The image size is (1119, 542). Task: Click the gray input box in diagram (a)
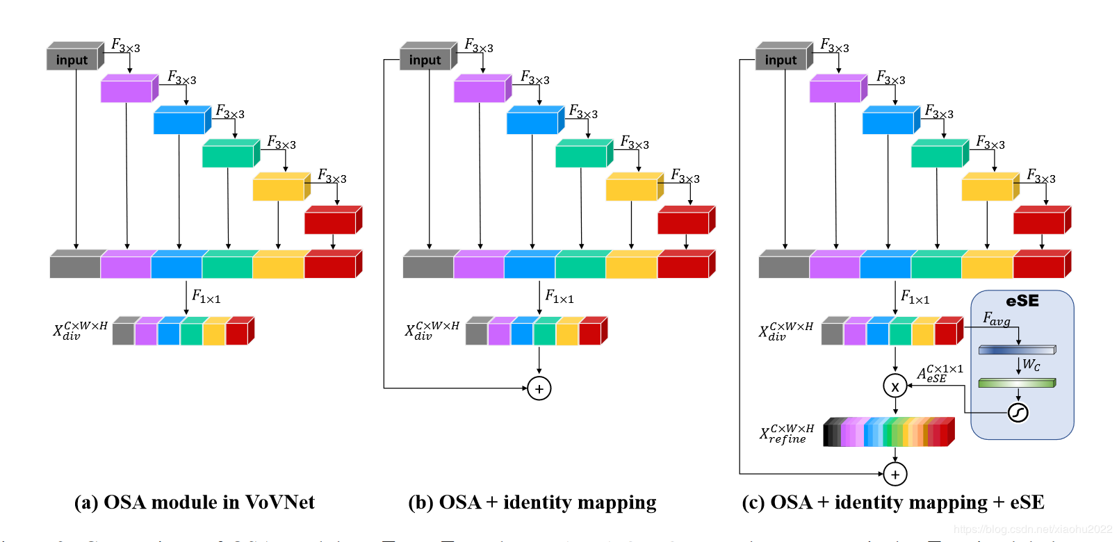pos(72,60)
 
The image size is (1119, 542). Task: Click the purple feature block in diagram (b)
pos(479,90)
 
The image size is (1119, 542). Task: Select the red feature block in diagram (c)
pos(1039,222)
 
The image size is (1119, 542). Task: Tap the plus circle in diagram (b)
pos(539,388)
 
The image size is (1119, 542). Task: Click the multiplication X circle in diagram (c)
pos(895,386)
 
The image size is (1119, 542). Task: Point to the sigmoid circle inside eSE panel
pos(1018,413)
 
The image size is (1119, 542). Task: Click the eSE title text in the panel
pos(1022,301)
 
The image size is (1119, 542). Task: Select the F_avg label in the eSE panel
pos(996,319)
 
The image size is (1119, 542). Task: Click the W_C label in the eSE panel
pos(1031,365)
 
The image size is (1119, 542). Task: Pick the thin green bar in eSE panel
pos(1017,383)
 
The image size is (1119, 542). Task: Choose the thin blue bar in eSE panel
pos(1017,350)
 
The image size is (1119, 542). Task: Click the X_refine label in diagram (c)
pos(786,434)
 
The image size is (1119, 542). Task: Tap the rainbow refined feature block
pos(888,432)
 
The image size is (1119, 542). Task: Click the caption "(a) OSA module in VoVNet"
pos(195,502)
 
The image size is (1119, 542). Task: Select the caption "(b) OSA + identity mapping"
pos(532,502)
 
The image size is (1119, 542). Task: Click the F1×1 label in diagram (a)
pos(206,298)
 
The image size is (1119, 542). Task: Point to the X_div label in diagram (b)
pos(432,330)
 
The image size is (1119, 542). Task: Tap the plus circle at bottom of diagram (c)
pos(895,475)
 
